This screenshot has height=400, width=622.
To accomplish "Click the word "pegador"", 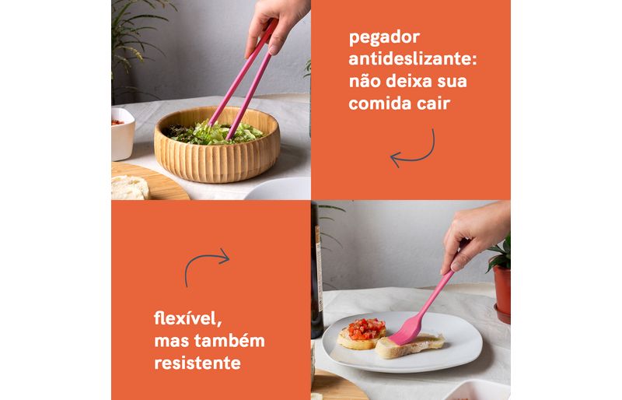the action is [384, 37].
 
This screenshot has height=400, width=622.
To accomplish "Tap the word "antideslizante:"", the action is [413, 59].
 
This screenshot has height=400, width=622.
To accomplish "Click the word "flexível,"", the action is [187, 318].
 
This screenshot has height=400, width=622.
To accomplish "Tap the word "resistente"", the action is [197, 363].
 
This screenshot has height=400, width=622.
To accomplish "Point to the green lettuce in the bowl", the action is [215, 133].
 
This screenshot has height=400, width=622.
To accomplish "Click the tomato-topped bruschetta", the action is [362, 334].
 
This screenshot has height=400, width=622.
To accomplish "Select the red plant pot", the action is [502, 292].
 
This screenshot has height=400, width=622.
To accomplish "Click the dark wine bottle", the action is [316, 270].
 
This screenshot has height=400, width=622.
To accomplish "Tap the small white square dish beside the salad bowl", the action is [123, 134].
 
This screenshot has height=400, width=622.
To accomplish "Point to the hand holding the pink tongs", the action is [276, 24].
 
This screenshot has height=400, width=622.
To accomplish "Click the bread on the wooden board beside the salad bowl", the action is [129, 188].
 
